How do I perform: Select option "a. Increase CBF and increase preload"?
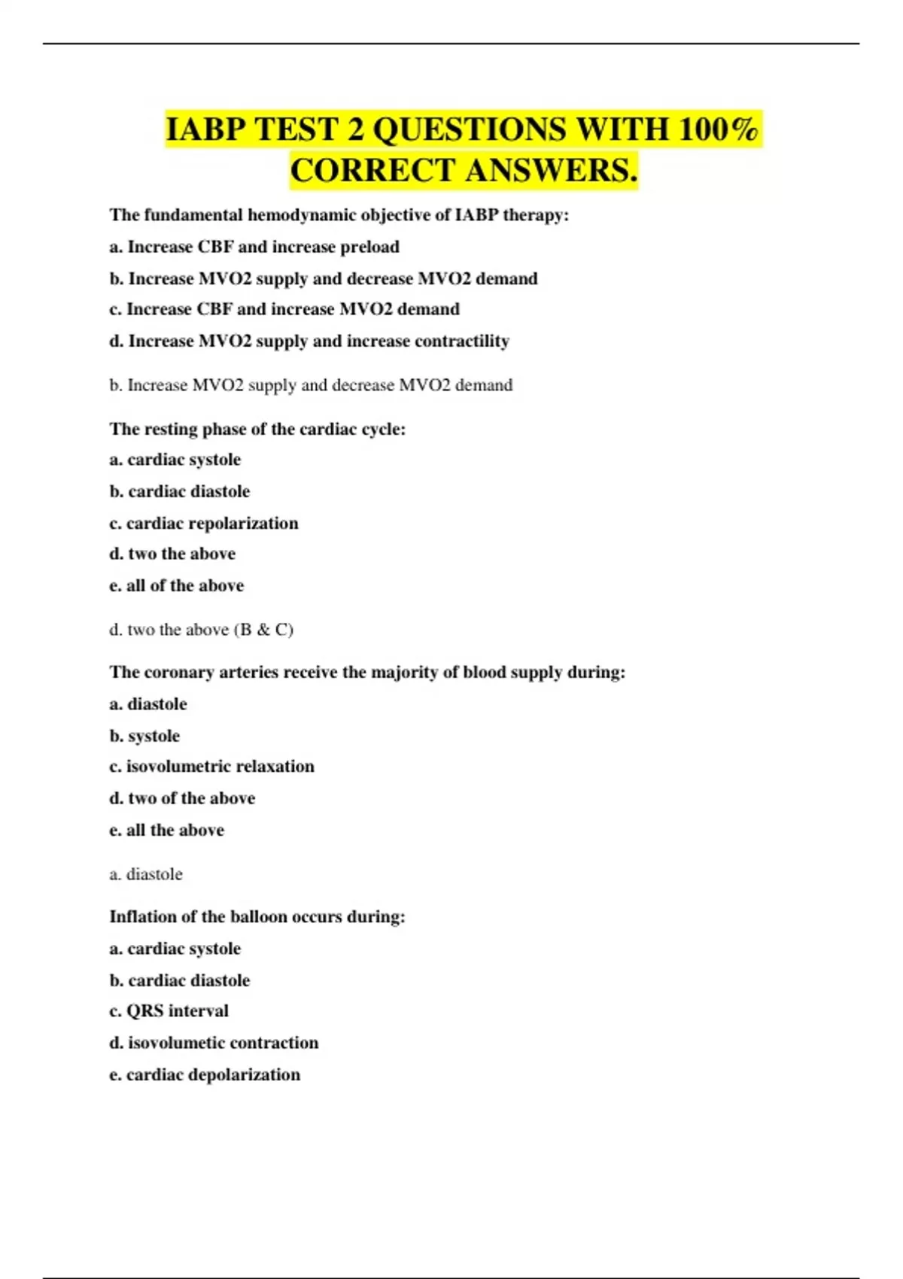click(x=254, y=247)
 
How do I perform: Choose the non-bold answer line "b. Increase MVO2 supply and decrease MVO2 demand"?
click(x=311, y=385)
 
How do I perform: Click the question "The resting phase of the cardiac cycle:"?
click(x=257, y=429)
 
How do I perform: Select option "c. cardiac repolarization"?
click(x=204, y=523)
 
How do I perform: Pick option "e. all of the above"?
click(x=177, y=585)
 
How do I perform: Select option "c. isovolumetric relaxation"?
click(x=212, y=766)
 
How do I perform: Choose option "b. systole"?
click(x=144, y=736)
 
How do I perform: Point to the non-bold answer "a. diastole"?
click(x=146, y=874)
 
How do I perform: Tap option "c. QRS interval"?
click(x=169, y=1010)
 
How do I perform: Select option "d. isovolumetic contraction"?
click(x=214, y=1043)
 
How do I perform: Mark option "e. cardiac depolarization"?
click(x=205, y=1074)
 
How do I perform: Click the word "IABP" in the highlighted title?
click(x=205, y=129)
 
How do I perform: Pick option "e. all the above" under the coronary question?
click(x=167, y=830)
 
